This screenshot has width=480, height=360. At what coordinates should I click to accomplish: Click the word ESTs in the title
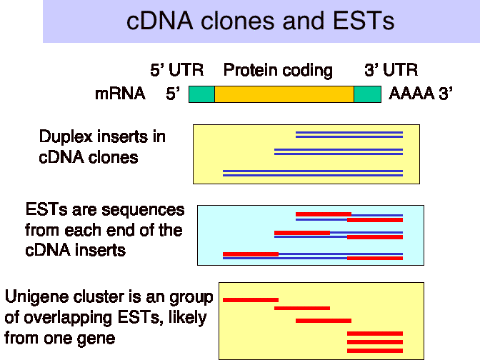(x=364, y=21)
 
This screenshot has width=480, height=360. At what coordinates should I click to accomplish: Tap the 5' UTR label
(x=176, y=70)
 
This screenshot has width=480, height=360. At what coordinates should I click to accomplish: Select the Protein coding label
(x=278, y=71)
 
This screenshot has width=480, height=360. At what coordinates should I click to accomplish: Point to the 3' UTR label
(x=391, y=70)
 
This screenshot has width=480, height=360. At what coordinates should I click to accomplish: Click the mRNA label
(x=120, y=94)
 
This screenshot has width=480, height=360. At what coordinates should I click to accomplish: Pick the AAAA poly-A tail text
(x=411, y=94)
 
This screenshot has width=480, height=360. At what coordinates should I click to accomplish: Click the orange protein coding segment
(x=284, y=94)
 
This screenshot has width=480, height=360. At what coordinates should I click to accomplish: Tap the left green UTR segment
(x=201, y=94)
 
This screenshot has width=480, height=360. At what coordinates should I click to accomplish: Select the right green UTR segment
(x=367, y=94)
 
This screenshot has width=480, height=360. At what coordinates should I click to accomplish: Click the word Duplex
(x=66, y=137)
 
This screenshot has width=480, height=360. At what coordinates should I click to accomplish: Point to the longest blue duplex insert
(x=313, y=174)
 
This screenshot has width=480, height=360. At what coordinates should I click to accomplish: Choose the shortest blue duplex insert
(x=349, y=135)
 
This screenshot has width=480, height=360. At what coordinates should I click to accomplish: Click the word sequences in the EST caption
(x=143, y=211)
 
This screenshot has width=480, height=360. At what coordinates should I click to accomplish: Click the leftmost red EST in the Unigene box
(x=251, y=300)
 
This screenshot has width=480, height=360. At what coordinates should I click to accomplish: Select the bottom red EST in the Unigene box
(x=375, y=351)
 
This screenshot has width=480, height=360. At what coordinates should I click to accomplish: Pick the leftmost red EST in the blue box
(x=251, y=254)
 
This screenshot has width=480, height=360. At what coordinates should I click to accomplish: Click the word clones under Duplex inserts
(x=113, y=158)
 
